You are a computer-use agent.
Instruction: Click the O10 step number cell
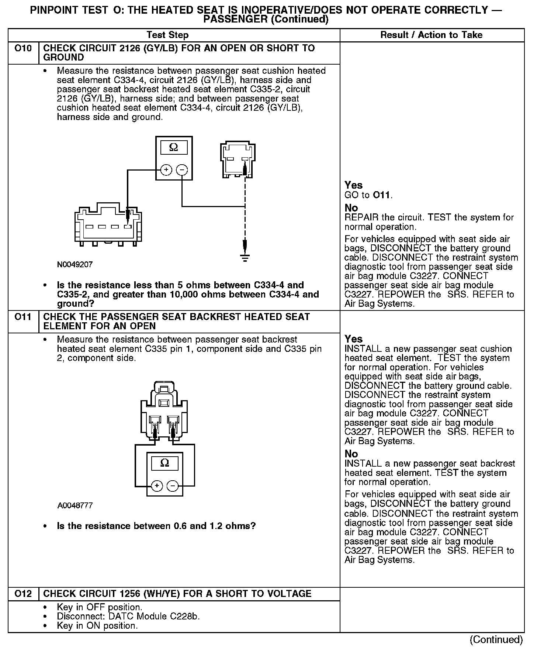click(23, 48)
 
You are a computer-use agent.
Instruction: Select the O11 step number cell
click(23, 317)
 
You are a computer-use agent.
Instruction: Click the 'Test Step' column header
click(167, 35)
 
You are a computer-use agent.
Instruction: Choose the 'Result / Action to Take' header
click(431, 35)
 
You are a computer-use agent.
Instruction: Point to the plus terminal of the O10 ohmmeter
click(166, 170)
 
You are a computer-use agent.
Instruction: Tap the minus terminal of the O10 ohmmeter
click(182, 170)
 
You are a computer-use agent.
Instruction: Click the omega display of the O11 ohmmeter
click(165, 463)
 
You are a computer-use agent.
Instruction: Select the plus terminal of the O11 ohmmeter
click(157, 485)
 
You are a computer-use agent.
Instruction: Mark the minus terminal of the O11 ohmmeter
click(173, 485)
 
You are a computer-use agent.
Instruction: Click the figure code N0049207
click(75, 265)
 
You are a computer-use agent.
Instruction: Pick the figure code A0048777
click(75, 505)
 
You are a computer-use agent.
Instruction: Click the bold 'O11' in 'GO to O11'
click(382, 195)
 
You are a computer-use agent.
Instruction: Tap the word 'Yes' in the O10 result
click(353, 185)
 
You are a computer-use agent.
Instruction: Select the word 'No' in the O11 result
click(351, 454)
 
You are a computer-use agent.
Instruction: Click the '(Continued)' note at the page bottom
click(496, 639)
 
